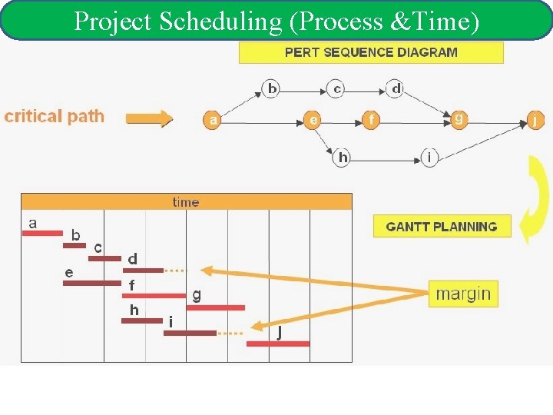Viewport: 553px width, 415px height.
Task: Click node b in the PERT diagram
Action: click(271, 88)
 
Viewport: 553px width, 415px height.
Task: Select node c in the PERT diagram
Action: click(336, 88)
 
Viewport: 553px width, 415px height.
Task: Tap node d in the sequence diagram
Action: click(396, 88)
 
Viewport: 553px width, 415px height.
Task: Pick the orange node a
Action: click(213, 120)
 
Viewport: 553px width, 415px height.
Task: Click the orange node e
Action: click(312, 120)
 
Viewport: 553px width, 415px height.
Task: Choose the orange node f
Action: click(372, 120)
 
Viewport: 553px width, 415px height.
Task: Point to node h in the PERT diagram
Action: click(343, 158)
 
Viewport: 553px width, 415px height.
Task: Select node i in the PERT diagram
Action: click(429, 158)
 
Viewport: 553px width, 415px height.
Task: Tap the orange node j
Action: click(535, 120)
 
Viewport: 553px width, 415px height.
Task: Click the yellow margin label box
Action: click(462, 294)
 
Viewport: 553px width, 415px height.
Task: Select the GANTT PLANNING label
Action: click(442, 227)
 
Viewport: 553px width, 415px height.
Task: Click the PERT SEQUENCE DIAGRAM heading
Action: click(371, 52)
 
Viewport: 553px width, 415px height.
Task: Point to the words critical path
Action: click(54, 117)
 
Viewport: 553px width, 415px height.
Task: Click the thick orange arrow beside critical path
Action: click(149, 119)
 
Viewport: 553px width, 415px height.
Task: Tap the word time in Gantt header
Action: click(186, 202)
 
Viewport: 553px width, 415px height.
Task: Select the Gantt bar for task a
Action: click(42, 233)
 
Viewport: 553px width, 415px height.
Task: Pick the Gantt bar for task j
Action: click(278, 344)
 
